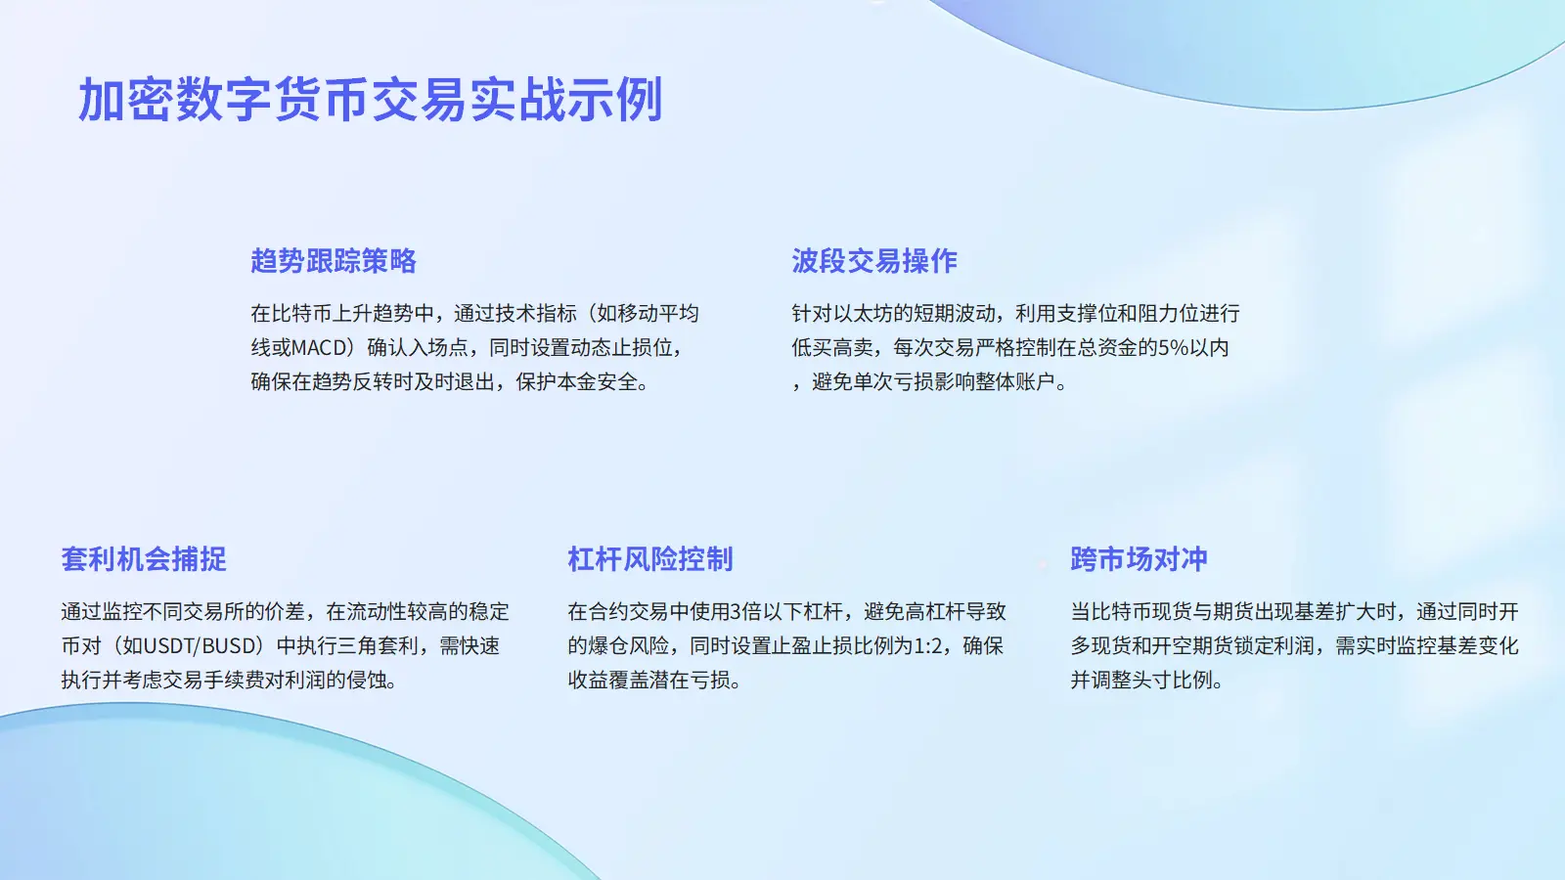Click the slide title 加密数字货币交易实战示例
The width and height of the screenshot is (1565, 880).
[371, 100]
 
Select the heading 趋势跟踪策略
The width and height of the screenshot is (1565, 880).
[334, 261]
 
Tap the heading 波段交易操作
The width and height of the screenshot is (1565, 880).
[874, 261]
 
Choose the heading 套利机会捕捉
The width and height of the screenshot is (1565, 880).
[144, 559]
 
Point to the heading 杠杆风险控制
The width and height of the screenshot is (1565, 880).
[650, 559]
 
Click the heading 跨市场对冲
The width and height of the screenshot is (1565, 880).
[1139, 559]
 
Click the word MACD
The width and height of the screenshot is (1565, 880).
[319, 348]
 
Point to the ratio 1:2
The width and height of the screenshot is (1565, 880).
[928, 646]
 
